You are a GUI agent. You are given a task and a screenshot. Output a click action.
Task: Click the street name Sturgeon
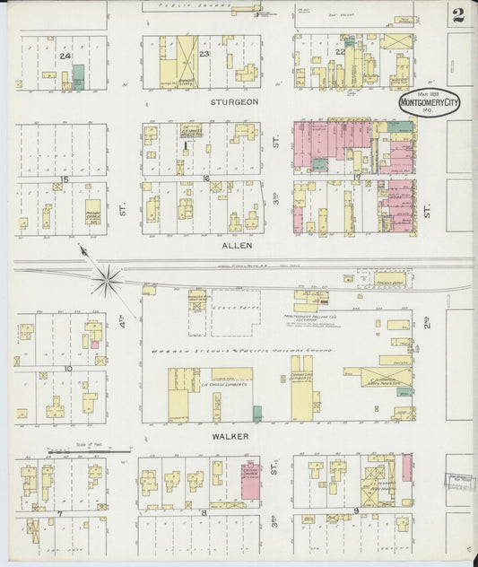click(234, 102)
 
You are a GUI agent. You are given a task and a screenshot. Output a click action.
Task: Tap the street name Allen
click(237, 244)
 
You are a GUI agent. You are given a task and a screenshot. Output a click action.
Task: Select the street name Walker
click(230, 435)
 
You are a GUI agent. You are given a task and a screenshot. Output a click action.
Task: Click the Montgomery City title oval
click(429, 103)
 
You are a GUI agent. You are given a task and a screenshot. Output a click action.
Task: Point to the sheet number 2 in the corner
click(458, 14)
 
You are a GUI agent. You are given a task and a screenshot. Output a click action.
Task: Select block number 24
click(64, 56)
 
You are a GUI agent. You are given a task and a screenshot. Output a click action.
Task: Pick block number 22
click(341, 52)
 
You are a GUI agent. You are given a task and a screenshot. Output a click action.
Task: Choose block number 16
click(206, 179)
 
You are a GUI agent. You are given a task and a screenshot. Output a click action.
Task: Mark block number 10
click(68, 369)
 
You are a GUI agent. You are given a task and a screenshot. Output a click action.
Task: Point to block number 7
click(59, 513)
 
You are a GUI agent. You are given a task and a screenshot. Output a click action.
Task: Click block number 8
click(204, 513)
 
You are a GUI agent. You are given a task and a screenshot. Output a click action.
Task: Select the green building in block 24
click(78, 75)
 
